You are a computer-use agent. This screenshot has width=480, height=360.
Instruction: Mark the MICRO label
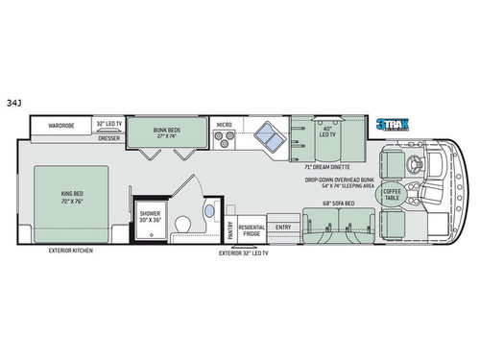click(x=224, y=124)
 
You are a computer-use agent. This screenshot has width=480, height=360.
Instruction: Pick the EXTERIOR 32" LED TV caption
click(x=243, y=255)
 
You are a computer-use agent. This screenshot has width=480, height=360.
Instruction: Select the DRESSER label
click(x=108, y=138)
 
